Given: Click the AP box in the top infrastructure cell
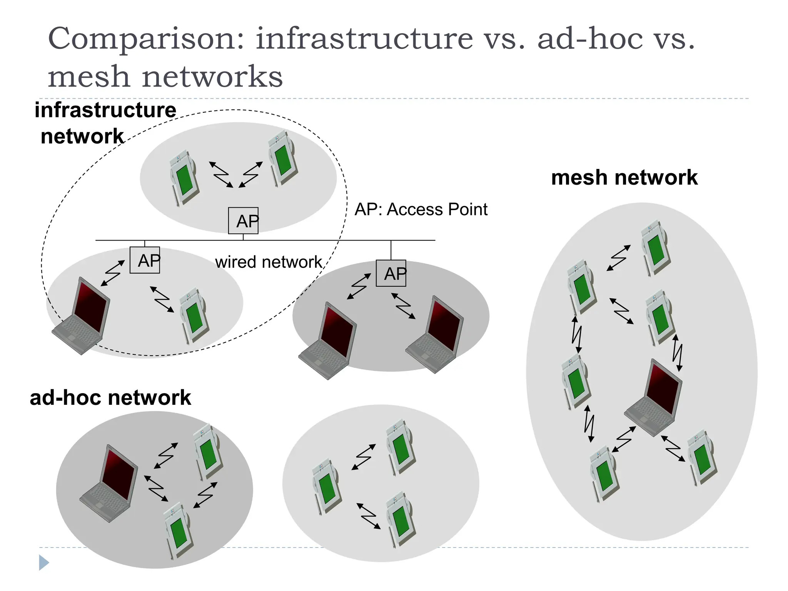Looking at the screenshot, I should (x=243, y=220).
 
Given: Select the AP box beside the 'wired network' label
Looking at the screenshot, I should (x=145, y=260).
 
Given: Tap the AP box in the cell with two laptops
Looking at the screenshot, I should (x=391, y=273).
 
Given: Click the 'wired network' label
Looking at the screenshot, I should (x=268, y=262).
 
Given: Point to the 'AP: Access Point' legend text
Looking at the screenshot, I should (x=421, y=210).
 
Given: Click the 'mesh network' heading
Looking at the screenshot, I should (x=624, y=178).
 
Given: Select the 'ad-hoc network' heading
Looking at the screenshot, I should (x=110, y=397).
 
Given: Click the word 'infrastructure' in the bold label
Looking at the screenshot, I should (x=105, y=110).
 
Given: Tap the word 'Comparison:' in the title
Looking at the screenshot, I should (x=146, y=39).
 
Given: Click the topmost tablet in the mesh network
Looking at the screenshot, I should (x=656, y=247).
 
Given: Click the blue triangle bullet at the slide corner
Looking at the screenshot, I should (x=44, y=563).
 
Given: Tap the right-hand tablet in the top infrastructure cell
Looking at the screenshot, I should (x=283, y=159).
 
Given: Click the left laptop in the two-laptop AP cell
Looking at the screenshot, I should (x=328, y=341).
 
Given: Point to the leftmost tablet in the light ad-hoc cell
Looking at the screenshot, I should (x=327, y=486).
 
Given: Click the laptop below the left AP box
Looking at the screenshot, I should (x=82, y=316).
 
